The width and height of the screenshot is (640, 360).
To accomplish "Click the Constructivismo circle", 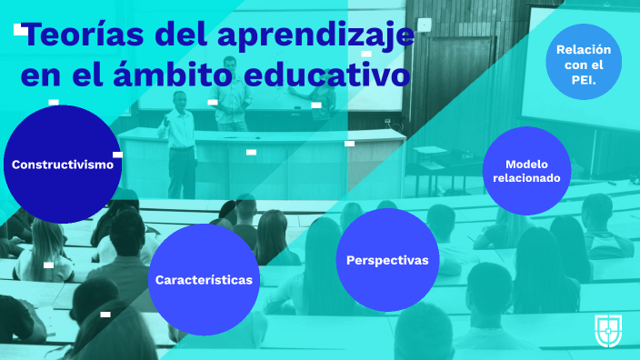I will [x=62, y=165].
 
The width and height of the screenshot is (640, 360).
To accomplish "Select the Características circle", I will [x=204, y=279].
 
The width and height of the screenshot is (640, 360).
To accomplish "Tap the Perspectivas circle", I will [x=387, y=260].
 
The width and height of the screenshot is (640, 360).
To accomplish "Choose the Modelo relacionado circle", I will [x=527, y=171].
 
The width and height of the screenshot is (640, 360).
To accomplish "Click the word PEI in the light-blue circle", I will [x=583, y=80].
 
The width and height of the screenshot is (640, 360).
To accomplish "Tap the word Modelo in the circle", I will [x=527, y=164].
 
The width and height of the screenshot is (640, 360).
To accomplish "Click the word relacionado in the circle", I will [x=527, y=178].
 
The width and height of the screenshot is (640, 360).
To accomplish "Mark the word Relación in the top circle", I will [x=583, y=49].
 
